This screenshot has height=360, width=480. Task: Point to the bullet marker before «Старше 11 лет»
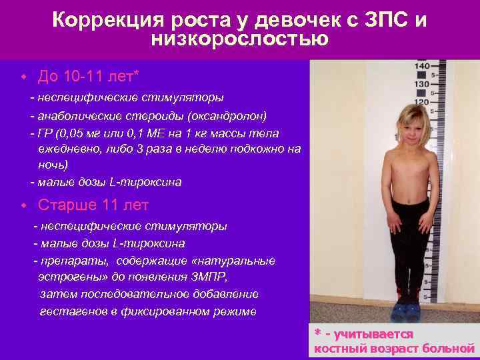click(x=23, y=205)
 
